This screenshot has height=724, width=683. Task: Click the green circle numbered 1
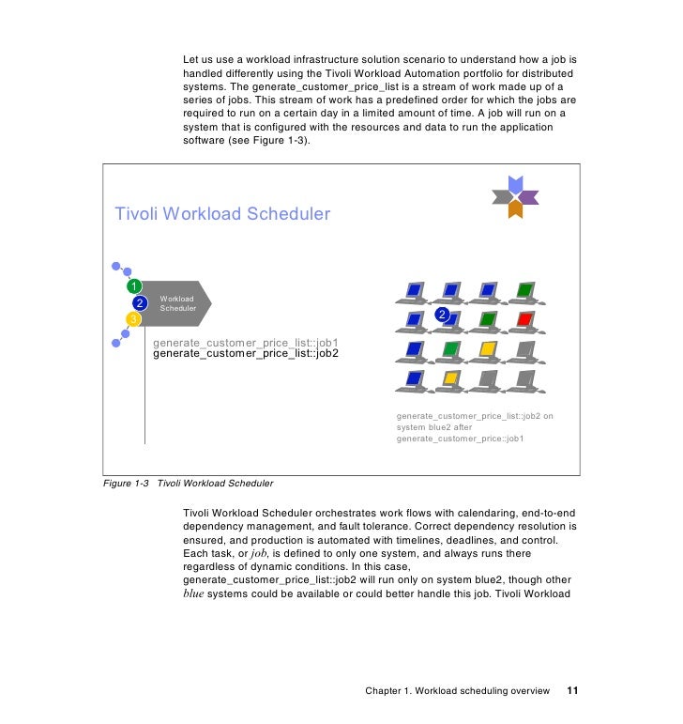(x=134, y=286)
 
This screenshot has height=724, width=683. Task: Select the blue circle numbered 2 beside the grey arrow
(x=140, y=303)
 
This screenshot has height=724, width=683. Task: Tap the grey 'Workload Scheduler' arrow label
(x=181, y=303)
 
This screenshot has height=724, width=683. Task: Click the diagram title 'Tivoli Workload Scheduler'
(x=221, y=214)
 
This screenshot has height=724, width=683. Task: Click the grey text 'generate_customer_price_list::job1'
(x=245, y=343)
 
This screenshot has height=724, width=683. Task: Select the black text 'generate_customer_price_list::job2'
(x=245, y=354)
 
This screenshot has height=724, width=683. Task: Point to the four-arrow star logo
(x=514, y=196)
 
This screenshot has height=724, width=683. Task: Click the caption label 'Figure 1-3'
(x=126, y=484)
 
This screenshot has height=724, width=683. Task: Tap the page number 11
(x=573, y=691)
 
